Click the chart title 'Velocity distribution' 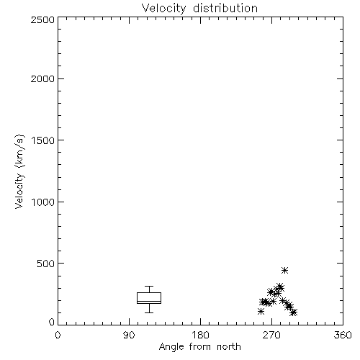(199, 8)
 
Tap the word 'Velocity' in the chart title (163, 8)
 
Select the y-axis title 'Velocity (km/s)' (19, 171)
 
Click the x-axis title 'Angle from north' (199, 347)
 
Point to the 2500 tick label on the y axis (42, 19)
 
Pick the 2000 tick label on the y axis (42, 78)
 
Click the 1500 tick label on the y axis (43, 140)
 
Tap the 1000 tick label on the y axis (43, 202)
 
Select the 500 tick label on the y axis (46, 264)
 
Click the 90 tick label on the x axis (129, 335)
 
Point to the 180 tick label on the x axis (200, 335)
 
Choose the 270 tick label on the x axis (271, 335)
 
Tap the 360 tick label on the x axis (343, 335)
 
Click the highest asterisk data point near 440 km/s (284, 271)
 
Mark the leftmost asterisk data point (261, 312)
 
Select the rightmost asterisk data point (294, 312)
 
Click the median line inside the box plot (149, 301)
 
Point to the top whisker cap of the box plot (149, 286)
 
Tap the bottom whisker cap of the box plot (149, 312)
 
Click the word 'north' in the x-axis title (229, 347)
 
